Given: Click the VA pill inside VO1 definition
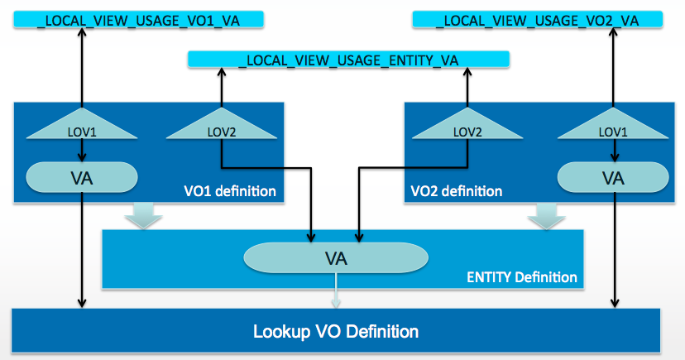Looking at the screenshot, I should pos(81,175).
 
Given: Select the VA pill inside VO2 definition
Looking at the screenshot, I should pos(613,175).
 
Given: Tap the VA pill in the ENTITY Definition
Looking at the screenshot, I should pos(336,257).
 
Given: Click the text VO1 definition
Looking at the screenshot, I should pos(231,191).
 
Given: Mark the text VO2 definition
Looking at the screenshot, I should pos(457,191).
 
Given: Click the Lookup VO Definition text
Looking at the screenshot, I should pos(336,332).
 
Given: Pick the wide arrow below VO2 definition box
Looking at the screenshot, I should pos(544,217).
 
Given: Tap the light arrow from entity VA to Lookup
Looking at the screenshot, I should pos(336,292).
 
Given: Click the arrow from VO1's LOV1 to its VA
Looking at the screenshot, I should pos(81,149).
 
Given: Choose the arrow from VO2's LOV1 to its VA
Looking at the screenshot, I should pos(613,149).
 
